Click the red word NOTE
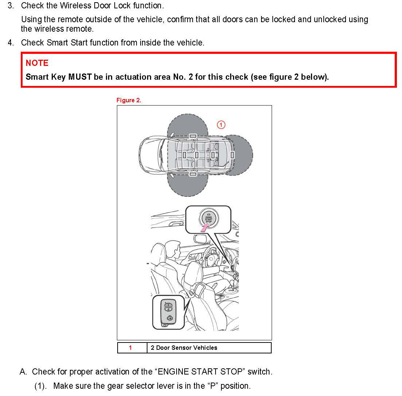click(x=37, y=63)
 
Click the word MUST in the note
click(x=80, y=77)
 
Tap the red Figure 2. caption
click(x=129, y=100)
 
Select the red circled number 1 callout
click(x=221, y=125)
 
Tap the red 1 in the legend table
click(x=130, y=348)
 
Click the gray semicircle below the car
click(x=188, y=185)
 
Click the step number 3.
click(x=11, y=5)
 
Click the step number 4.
click(x=11, y=43)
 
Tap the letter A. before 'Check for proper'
click(x=23, y=372)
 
